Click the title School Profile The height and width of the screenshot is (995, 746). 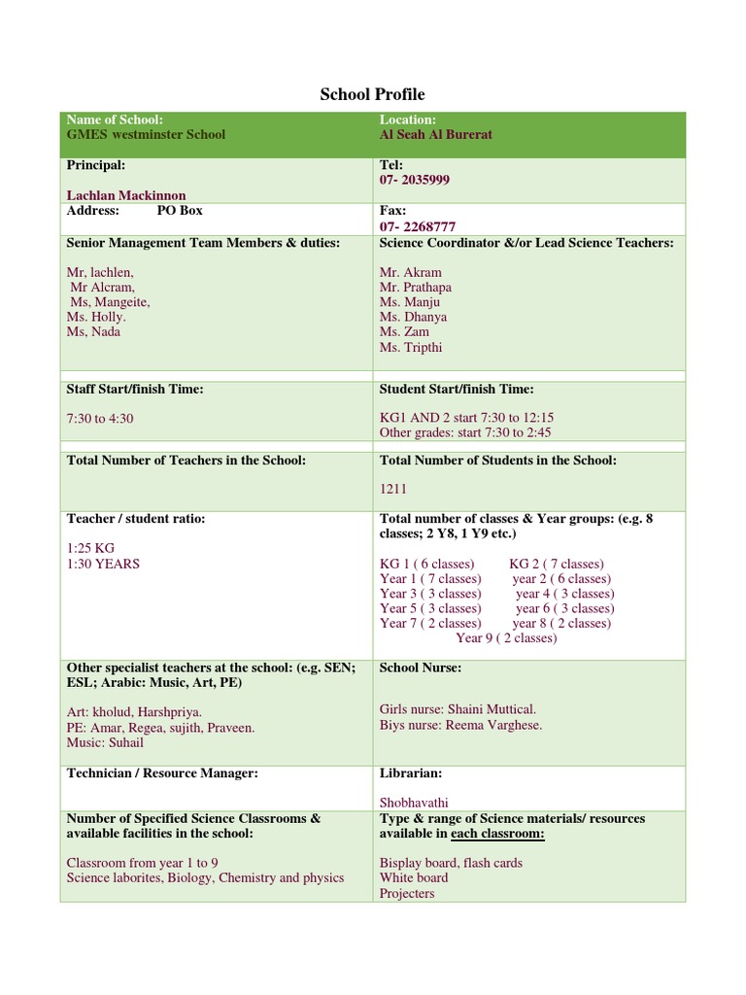coord(372,94)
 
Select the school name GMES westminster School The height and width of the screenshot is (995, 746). coord(146,134)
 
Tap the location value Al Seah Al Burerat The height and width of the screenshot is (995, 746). coord(436,134)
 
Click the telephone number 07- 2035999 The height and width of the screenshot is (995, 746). coord(414,180)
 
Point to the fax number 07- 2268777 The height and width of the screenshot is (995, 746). coord(417,226)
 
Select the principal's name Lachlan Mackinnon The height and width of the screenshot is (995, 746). coord(127,195)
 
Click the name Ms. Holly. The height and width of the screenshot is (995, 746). coord(96,317)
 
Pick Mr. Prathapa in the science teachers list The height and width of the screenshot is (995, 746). coord(415,288)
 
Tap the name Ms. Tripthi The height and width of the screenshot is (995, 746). coord(411,348)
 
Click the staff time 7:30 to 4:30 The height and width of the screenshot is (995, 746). coord(100,418)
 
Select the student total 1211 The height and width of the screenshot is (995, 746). coord(394,490)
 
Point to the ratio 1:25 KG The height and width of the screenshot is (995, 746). coord(90,549)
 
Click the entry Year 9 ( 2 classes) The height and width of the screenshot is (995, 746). coord(506,638)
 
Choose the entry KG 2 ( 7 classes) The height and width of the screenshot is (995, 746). coord(556,564)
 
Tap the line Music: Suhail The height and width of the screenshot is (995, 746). coord(105,742)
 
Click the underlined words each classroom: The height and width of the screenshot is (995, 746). coord(495,834)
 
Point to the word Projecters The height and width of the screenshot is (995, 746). coord(407,893)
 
